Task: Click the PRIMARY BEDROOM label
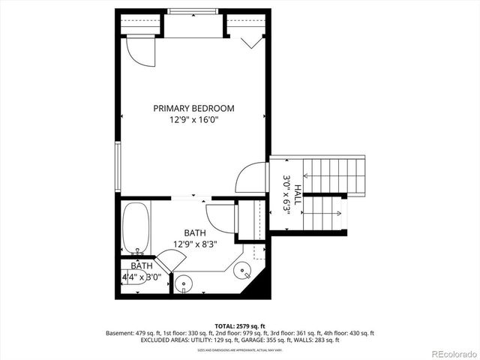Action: (193, 108)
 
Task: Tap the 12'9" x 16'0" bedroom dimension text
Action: (193, 119)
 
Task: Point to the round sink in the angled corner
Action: (243, 271)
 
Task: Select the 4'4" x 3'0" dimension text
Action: (142, 277)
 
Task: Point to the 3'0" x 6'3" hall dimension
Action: (286, 195)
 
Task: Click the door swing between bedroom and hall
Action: (251, 178)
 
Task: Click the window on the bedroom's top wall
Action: (193, 11)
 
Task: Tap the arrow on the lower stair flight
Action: (330, 214)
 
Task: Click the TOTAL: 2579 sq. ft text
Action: (239, 325)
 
